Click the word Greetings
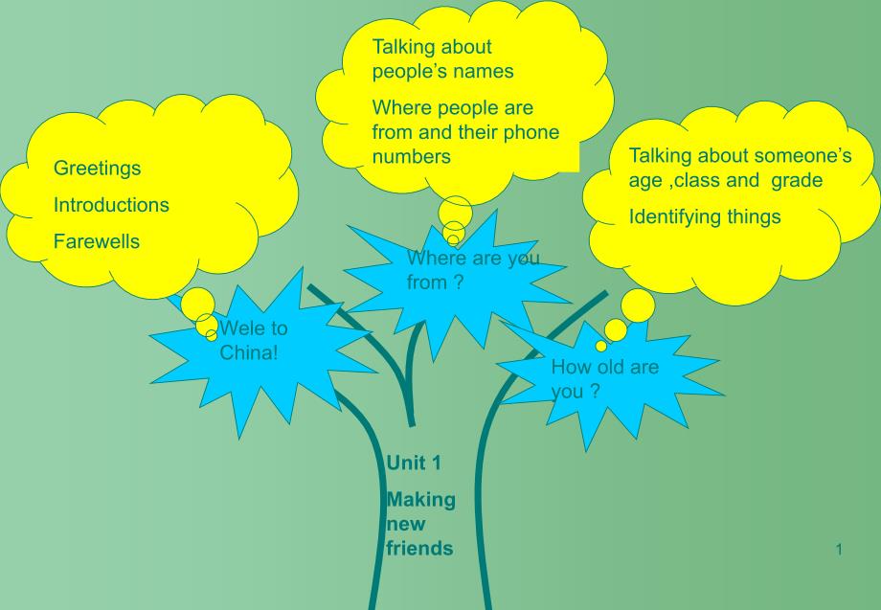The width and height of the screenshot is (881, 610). (97, 169)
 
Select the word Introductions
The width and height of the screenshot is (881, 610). (111, 205)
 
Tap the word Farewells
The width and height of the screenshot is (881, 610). (96, 241)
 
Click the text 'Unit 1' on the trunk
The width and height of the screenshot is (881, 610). (414, 463)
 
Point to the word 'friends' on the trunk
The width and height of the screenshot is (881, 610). (419, 549)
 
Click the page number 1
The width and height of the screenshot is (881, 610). (838, 550)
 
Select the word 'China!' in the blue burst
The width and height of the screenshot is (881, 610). (249, 352)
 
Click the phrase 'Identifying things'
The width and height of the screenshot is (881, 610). (704, 216)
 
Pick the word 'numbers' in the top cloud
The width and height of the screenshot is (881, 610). (411, 156)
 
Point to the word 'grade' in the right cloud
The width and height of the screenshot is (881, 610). (797, 180)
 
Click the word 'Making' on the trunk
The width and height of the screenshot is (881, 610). (420, 500)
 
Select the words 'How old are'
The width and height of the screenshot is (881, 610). (604, 367)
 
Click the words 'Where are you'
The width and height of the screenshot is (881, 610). (473, 259)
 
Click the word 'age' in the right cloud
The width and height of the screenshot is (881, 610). (646, 180)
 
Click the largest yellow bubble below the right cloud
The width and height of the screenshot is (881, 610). (639, 305)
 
